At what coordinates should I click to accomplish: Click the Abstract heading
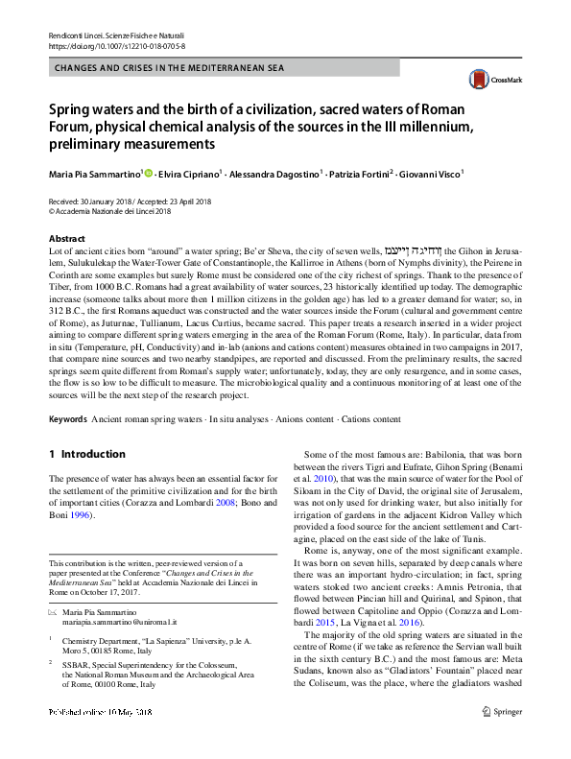(67, 238)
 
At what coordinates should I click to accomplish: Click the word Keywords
(68, 420)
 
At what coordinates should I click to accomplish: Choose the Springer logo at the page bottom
(503, 739)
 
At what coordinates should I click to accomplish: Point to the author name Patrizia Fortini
(359, 174)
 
